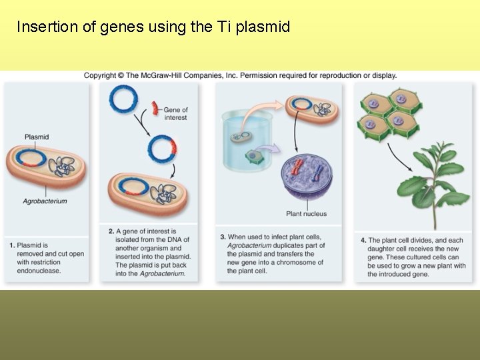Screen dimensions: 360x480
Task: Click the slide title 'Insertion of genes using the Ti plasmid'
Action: [x=153, y=27]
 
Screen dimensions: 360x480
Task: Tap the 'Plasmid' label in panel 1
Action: [x=36, y=137]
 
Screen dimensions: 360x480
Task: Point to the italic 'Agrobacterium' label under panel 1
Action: [x=45, y=201]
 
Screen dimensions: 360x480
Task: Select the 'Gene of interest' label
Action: [x=175, y=113]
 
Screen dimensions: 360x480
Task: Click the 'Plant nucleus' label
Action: [x=307, y=214]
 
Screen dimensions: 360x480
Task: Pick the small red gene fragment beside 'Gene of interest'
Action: [x=155, y=106]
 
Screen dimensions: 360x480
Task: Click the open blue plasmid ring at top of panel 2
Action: [x=123, y=99]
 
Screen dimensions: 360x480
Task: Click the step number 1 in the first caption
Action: [x=12, y=245]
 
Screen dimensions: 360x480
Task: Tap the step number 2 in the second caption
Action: [x=111, y=231]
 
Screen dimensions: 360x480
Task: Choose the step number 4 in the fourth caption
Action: [x=363, y=240]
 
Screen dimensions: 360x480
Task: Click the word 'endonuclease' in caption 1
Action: [x=39, y=271]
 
